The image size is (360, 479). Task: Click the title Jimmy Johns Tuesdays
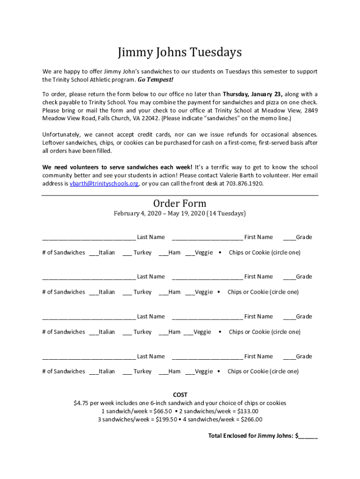click(x=180, y=52)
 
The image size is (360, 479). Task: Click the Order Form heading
click(x=180, y=203)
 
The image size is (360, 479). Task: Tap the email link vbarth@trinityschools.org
click(x=104, y=184)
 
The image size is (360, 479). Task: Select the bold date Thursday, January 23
click(x=252, y=94)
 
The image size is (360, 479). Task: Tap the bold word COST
click(x=180, y=395)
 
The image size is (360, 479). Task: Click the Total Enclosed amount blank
click(x=308, y=436)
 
